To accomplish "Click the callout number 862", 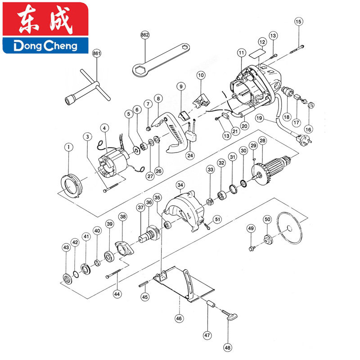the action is tap(145, 35).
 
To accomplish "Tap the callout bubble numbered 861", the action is tap(97, 53).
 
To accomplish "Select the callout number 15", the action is tap(298, 22).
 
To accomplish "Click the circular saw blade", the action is tap(290, 228).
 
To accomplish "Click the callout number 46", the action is tap(179, 319).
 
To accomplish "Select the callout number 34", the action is tap(180, 185).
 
